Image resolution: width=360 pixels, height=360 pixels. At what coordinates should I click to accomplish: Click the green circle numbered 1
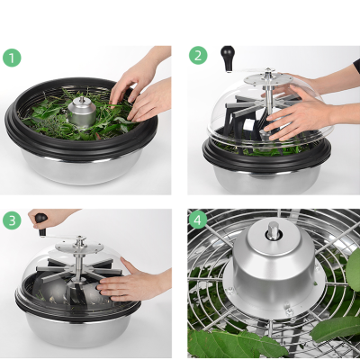pos(12,58)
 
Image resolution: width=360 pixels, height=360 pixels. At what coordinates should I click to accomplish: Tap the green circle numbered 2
pos(199,56)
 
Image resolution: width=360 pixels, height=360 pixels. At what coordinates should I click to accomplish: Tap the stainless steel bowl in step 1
pos(85,166)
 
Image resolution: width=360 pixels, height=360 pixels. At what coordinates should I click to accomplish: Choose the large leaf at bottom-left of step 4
pos(220,342)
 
